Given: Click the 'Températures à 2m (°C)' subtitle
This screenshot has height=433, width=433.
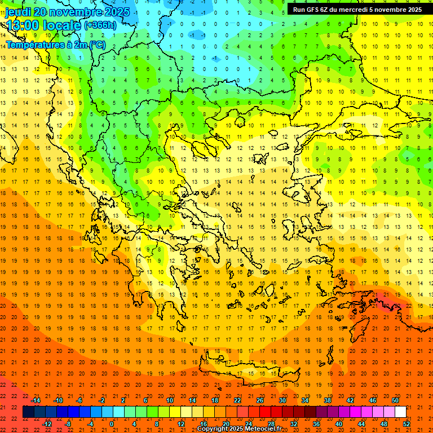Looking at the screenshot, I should click(x=55, y=45).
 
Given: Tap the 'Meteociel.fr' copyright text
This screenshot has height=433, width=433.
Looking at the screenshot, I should click(x=259, y=429).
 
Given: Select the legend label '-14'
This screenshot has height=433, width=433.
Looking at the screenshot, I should click(x=36, y=400).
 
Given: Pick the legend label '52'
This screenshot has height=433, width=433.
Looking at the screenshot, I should click(x=407, y=424).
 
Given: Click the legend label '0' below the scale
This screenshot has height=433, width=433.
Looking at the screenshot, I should click(x=112, y=424).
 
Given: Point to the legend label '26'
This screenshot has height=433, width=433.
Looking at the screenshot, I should click(x=260, y=400).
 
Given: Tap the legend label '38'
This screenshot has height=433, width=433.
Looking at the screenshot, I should click(x=328, y=400).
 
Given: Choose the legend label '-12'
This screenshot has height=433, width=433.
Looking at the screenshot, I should click(x=47, y=424).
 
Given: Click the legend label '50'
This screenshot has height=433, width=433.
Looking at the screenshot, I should click(x=395, y=400).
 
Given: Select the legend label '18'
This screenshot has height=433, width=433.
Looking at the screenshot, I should click(x=215, y=400).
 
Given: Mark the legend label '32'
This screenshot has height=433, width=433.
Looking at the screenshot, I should click(x=294, y=424).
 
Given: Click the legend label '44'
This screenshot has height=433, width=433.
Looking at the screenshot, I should click(x=361, y=424).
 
